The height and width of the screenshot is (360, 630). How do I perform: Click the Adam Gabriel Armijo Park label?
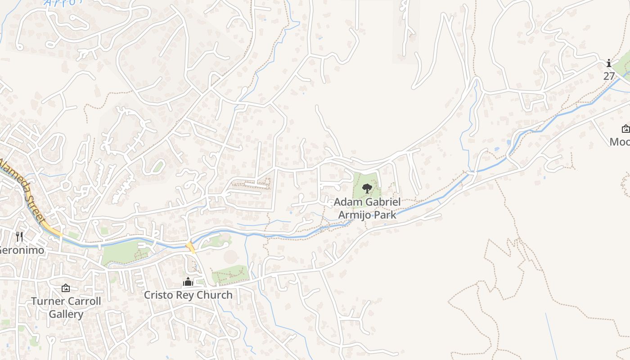(367, 208)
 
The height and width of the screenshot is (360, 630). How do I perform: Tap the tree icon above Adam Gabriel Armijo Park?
(367, 189)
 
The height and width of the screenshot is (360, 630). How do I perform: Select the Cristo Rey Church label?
(188, 295)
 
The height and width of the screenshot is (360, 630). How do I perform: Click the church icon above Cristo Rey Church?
(188, 282)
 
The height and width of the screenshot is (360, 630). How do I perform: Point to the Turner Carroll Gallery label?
(66, 307)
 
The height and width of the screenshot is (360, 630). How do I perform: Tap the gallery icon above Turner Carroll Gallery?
(66, 288)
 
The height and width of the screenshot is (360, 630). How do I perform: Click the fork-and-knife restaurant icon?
(19, 237)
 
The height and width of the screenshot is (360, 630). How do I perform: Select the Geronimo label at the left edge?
(22, 250)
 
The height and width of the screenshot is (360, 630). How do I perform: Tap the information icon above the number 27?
(609, 63)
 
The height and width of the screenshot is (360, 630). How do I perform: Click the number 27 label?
(609, 76)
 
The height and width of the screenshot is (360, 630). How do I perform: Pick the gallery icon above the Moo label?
(625, 129)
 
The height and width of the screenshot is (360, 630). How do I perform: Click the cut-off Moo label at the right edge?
(620, 142)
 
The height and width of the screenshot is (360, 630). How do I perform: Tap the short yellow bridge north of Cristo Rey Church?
(191, 247)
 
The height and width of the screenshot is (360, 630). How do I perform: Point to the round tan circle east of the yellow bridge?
(230, 257)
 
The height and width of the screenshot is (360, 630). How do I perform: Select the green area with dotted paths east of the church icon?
(230, 274)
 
